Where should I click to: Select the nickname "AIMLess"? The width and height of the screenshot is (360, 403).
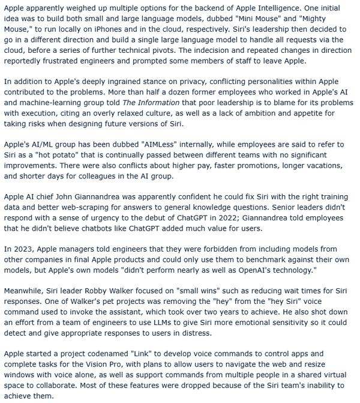[x=157, y=145]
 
